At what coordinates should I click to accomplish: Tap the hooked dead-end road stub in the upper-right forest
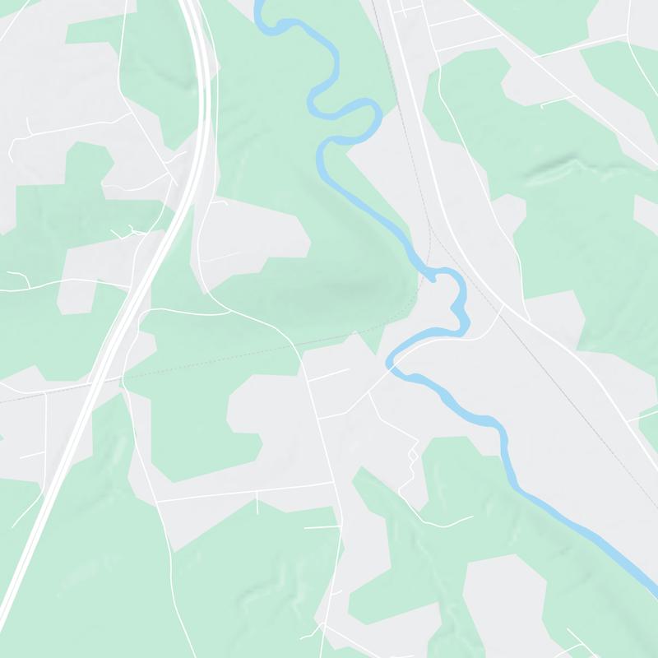point(543,104)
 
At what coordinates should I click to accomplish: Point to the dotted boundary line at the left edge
point(3,401)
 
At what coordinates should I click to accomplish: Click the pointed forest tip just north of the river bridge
point(355,333)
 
